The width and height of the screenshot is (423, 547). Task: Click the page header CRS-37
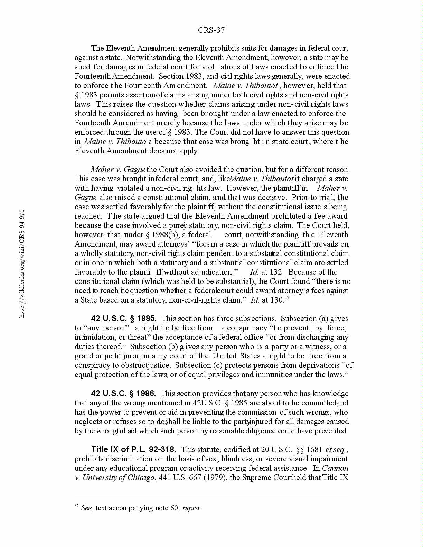click(x=211, y=30)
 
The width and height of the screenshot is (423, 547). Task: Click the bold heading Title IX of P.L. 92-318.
click(x=133, y=449)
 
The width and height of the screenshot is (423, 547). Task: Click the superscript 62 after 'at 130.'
click(x=286, y=298)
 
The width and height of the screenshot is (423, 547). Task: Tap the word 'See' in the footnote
click(x=86, y=508)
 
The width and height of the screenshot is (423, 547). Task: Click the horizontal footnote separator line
click(x=211, y=495)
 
